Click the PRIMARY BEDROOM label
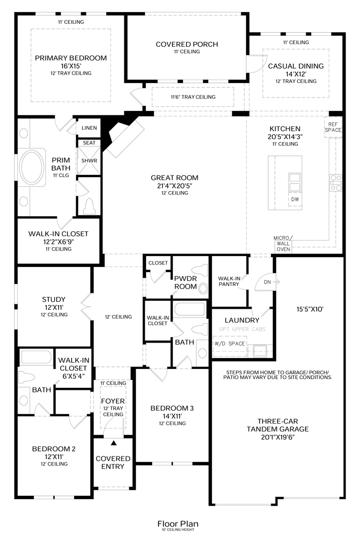pyautogui.click(x=71, y=58)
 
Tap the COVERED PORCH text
pyautogui.click(x=186, y=44)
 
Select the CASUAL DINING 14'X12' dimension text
pyautogui.click(x=295, y=74)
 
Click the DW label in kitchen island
pyautogui.click(x=295, y=199)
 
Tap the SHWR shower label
pyautogui.click(x=89, y=161)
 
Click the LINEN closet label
pyautogui.click(x=90, y=128)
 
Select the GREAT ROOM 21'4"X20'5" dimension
pyautogui.click(x=175, y=185)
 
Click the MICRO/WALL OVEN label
pyautogui.click(x=283, y=244)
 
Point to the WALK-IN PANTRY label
pyautogui.click(x=229, y=281)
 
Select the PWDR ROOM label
pyautogui.click(x=185, y=282)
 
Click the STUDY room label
pyautogui.click(x=53, y=299)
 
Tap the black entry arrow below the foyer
pyautogui.click(x=113, y=442)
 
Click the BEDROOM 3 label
pyautogui.click(x=172, y=408)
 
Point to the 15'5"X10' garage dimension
pyautogui.click(x=310, y=309)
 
